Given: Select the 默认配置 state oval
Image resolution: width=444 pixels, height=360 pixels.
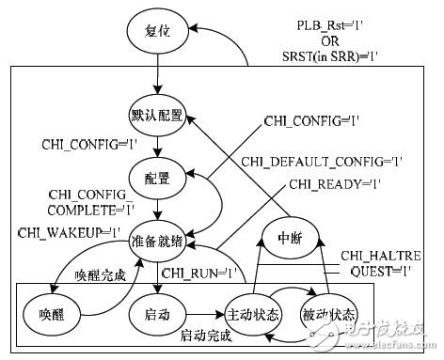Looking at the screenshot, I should [x=158, y=119].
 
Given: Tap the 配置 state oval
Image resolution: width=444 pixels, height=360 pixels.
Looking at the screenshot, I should [x=158, y=175].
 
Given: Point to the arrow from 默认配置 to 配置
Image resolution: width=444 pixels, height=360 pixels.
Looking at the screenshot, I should [x=158, y=148].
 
